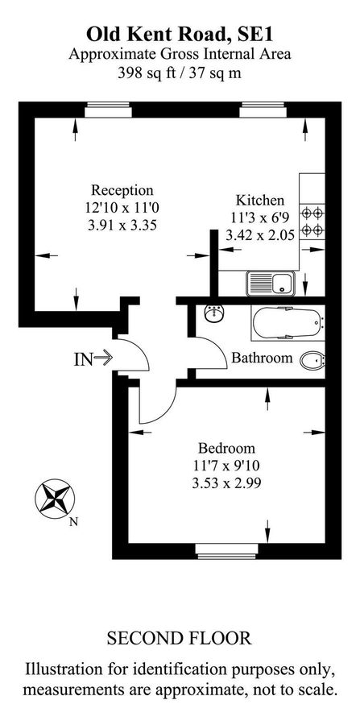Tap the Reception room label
click(x=121, y=190)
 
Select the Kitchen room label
click(x=259, y=200)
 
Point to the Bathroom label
click(x=262, y=358)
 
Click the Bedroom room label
click(x=226, y=449)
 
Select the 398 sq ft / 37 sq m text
click(x=180, y=72)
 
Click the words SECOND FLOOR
click(x=179, y=639)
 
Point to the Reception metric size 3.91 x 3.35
click(x=121, y=226)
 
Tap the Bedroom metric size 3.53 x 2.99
click(x=226, y=483)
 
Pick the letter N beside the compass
click(x=73, y=521)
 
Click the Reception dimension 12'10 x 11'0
click(x=121, y=208)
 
